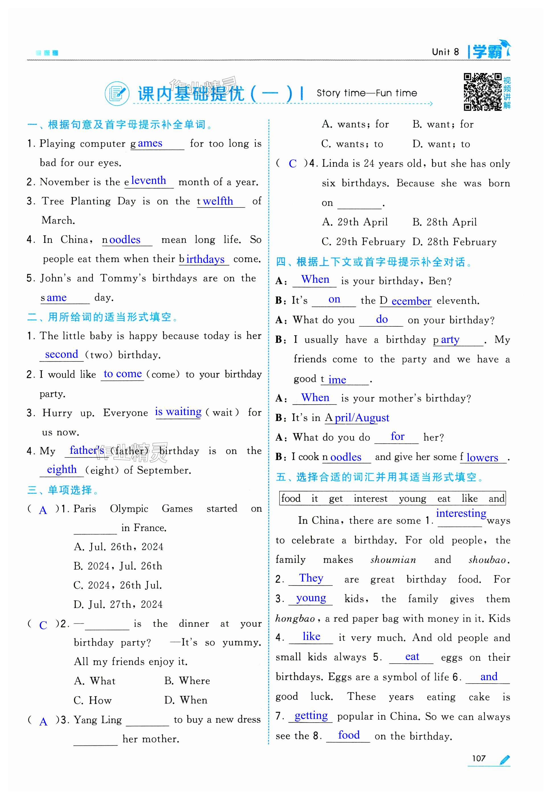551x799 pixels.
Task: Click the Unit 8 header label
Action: (x=445, y=52)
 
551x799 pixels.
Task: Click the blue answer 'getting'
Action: (x=311, y=715)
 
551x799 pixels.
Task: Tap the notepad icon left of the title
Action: (x=117, y=93)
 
